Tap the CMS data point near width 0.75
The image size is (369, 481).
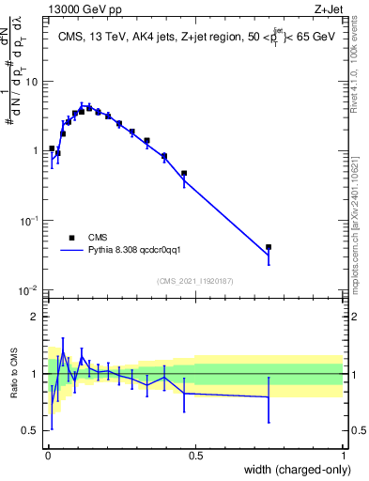(x=269, y=247)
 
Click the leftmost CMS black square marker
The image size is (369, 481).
(x=52, y=148)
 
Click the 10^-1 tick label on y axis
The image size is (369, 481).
(x=28, y=220)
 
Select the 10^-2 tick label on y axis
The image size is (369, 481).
(x=28, y=289)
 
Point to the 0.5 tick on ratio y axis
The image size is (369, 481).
(x=32, y=430)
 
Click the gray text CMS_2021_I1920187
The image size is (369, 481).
(x=194, y=281)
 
